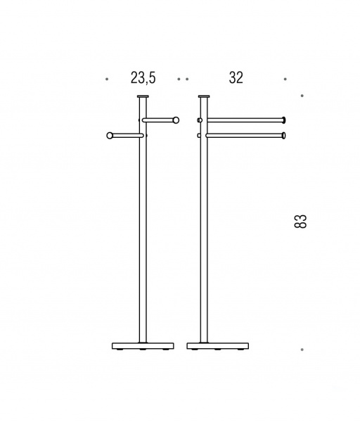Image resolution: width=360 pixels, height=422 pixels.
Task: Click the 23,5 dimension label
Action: [x=143, y=78]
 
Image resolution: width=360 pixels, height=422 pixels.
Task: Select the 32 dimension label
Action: [x=236, y=78]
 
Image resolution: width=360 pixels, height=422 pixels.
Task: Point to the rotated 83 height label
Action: [x=300, y=222]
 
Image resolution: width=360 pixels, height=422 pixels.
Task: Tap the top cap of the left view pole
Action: [x=143, y=96]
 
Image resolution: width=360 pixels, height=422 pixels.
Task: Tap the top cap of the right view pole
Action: [x=204, y=96]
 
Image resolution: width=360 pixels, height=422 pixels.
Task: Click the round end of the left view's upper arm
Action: [x=176, y=120]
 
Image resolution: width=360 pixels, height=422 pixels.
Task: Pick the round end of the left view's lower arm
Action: [x=110, y=135]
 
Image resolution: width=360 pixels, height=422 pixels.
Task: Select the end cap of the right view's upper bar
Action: [x=284, y=120]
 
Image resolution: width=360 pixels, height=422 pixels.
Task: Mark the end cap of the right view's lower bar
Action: [x=284, y=135]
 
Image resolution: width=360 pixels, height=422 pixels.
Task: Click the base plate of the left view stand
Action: [x=143, y=346]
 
